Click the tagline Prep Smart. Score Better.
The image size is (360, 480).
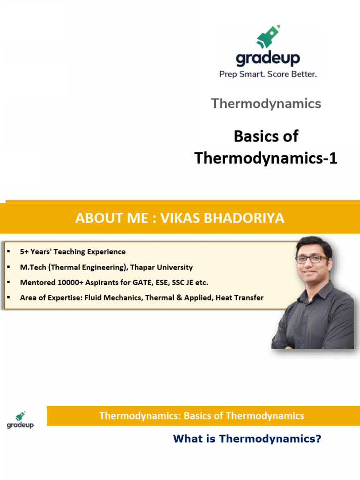(268, 74)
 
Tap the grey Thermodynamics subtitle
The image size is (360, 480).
(266, 104)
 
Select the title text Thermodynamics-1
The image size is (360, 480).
(266, 158)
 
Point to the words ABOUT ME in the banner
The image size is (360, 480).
(108, 218)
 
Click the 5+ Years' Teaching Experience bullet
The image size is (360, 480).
(73, 252)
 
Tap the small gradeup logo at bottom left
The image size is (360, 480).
(20, 420)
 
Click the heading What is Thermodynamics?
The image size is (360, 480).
(247, 439)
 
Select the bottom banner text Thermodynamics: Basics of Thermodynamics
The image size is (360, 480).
(202, 416)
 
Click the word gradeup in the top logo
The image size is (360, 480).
(268, 59)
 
